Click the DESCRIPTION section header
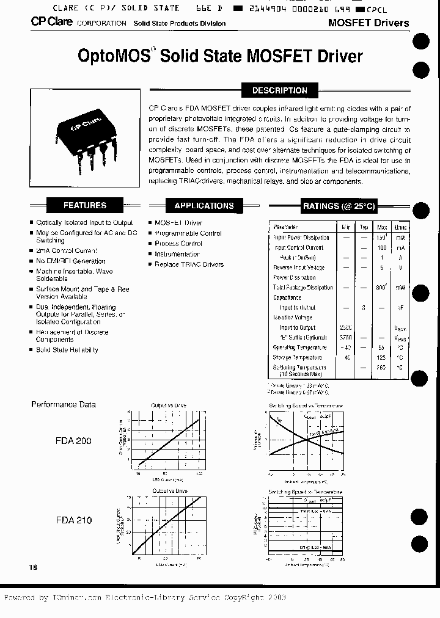279,90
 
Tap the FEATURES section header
85,206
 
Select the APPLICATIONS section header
204,206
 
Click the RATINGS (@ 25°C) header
339,206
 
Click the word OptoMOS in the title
114,56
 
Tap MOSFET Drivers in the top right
368,23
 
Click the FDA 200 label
73,440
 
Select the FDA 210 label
73,520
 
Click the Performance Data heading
64,404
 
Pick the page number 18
33,567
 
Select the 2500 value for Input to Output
346,327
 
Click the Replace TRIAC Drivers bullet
189,264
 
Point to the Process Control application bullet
178,244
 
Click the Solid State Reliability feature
67,350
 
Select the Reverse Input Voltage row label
299,267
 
